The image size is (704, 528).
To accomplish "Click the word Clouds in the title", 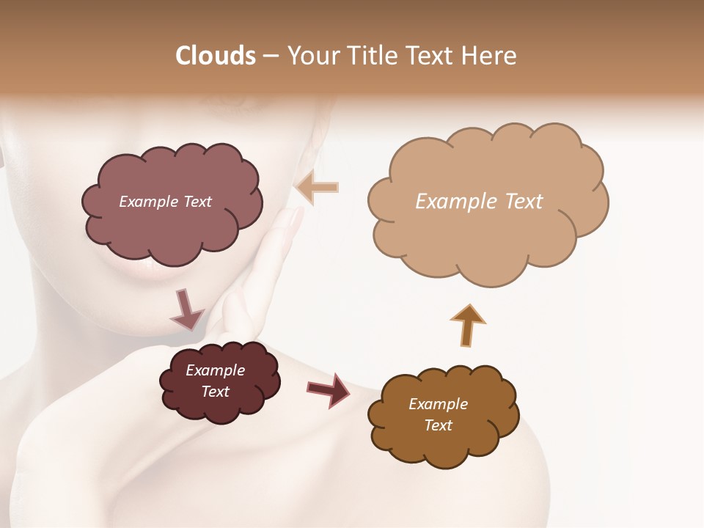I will (x=215, y=56).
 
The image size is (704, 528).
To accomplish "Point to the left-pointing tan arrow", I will (x=318, y=188).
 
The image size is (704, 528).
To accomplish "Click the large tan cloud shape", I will (x=484, y=205).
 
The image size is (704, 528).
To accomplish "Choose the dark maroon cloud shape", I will (x=219, y=381).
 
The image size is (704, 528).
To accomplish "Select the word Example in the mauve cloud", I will (x=146, y=202).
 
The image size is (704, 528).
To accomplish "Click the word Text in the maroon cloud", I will (x=215, y=392).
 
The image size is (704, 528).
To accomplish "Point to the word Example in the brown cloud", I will (x=438, y=404).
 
